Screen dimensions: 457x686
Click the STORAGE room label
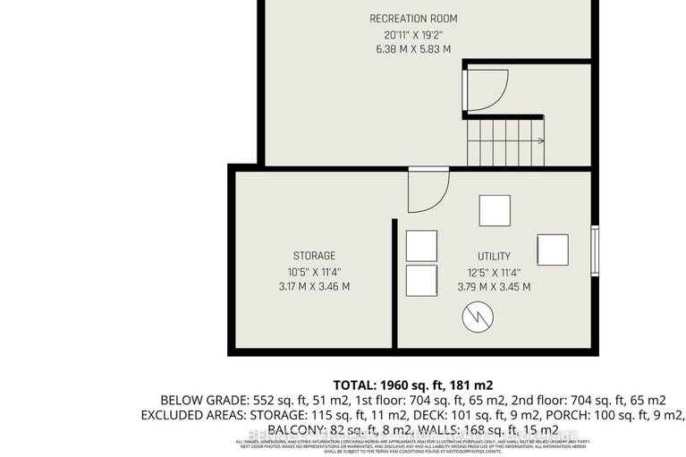[x=314, y=256]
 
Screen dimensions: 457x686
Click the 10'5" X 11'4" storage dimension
[x=314, y=272]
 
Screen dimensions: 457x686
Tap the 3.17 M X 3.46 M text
[x=314, y=287]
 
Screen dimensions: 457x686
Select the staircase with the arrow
[x=504, y=141]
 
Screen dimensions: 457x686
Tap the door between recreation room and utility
[x=427, y=190]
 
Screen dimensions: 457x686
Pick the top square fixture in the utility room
[x=494, y=210]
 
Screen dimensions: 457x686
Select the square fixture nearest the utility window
[x=552, y=249]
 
